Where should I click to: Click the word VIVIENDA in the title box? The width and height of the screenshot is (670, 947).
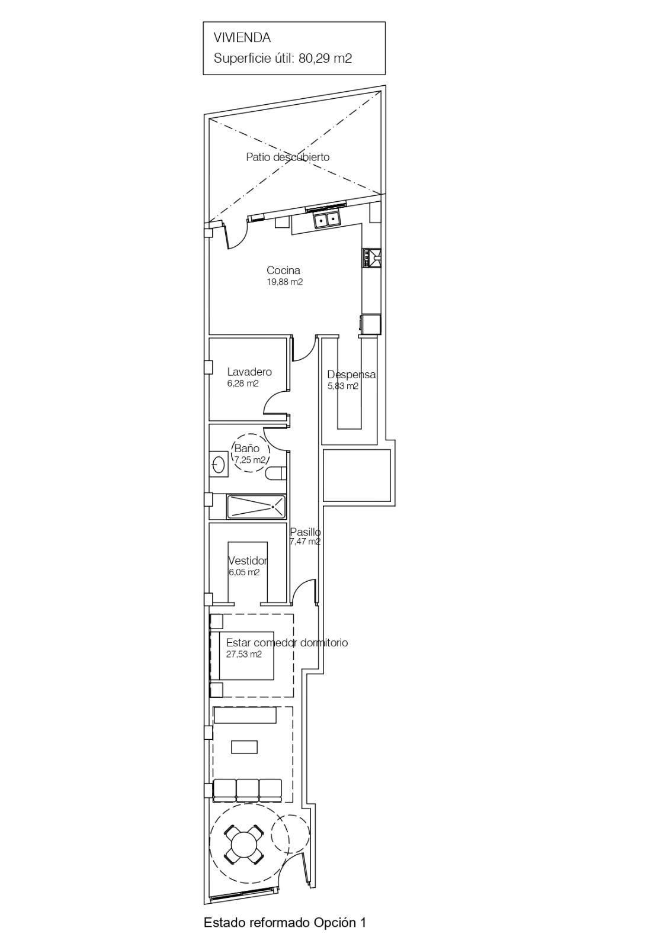point(242,38)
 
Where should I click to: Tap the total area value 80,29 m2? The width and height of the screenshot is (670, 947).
point(325,59)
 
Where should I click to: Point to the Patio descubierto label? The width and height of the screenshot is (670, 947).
point(288,157)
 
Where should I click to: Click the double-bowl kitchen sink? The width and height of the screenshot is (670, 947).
point(327,220)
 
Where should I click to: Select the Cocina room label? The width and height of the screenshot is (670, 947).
point(284,270)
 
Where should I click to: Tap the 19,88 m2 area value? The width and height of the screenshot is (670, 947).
point(284,282)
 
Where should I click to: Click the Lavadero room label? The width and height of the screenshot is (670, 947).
point(249,372)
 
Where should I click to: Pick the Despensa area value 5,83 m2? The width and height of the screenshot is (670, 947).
point(343,386)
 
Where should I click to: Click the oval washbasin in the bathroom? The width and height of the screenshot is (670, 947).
point(219,465)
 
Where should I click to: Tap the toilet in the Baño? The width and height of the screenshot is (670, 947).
point(277,474)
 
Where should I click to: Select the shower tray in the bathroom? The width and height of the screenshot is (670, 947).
point(256,507)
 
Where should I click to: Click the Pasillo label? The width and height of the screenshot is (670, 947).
point(305,532)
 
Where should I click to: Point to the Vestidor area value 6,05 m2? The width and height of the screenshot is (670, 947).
point(243,572)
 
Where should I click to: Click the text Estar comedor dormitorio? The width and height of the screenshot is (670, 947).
point(287,643)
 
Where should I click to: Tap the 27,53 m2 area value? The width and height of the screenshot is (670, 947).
point(244,655)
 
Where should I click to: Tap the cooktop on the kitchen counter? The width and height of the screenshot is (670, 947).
point(371,258)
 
